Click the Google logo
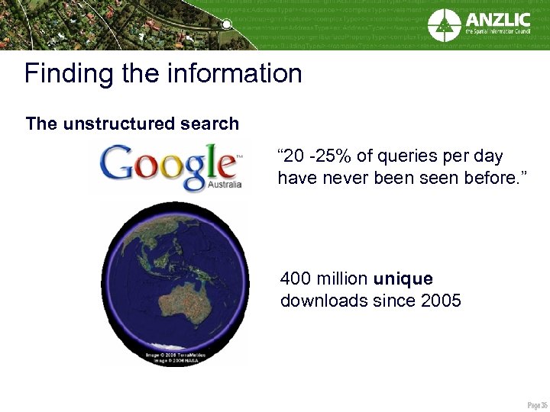click(168, 166)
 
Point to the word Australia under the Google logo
click(225, 185)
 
